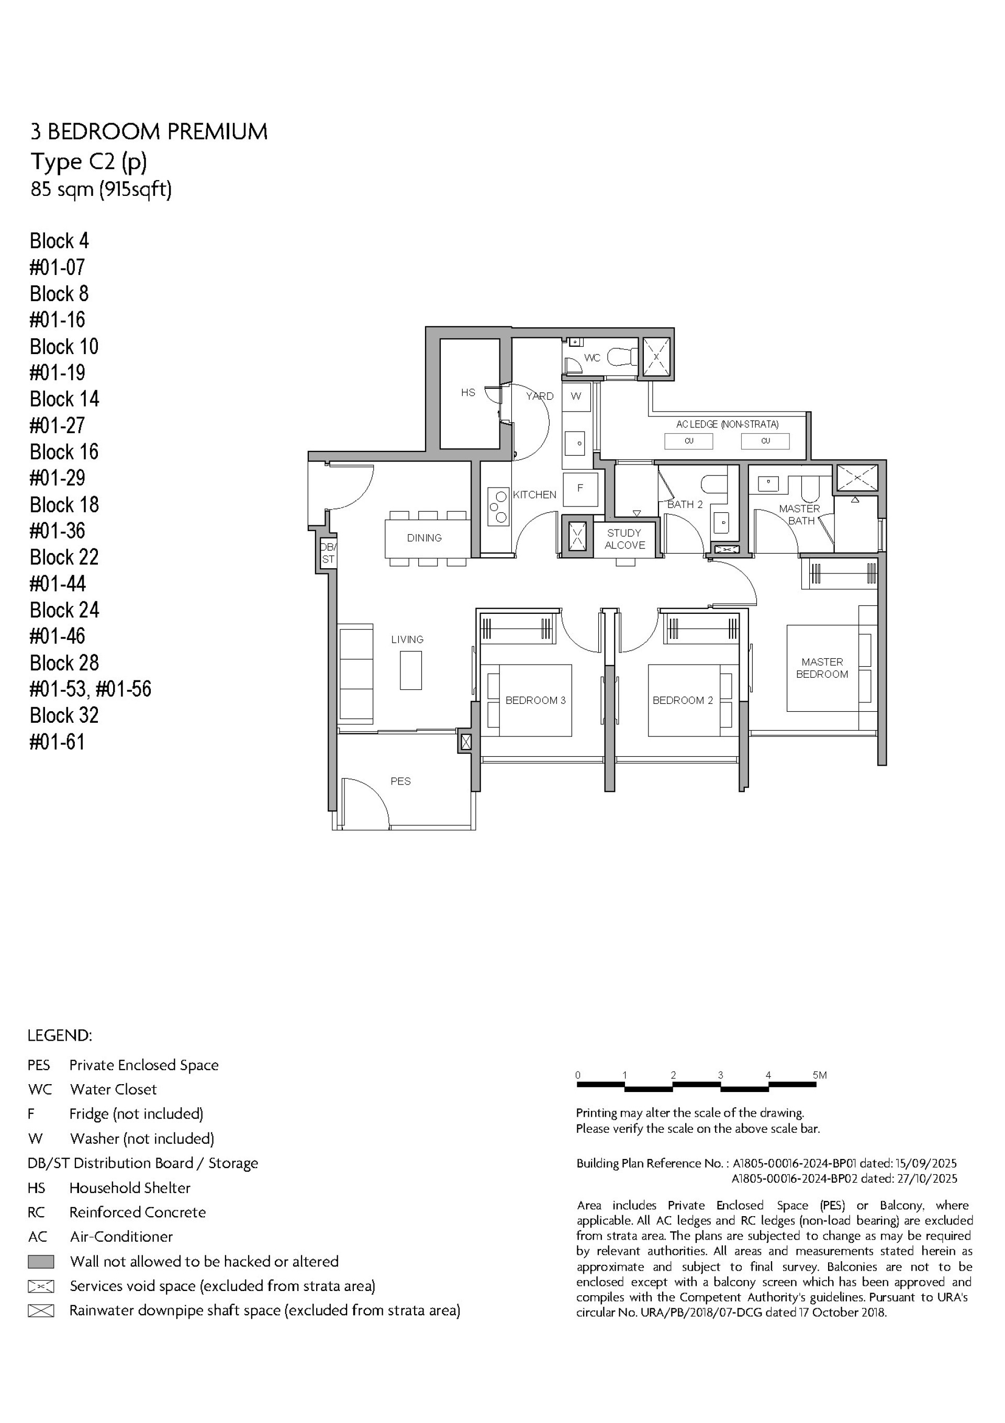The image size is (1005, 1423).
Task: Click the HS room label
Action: click(468, 392)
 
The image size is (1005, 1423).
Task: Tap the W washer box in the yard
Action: click(576, 396)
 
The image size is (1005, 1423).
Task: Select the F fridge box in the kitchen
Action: click(580, 488)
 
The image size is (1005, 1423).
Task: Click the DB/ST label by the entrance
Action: click(328, 553)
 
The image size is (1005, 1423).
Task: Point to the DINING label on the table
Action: click(425, 538)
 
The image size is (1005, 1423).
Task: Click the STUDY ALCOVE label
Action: click(624, 539)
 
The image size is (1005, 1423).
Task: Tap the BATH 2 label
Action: click(685, 504)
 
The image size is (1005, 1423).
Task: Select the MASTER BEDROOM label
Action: click(822, 668)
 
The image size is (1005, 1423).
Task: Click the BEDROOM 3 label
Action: click(535, 700)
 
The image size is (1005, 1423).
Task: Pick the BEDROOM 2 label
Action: click(682, 700)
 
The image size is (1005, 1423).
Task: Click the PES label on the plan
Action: click(400, 781)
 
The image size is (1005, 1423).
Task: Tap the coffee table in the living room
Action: click(411, 670)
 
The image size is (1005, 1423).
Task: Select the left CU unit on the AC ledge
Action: click(688, 442)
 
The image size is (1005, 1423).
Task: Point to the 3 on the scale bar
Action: click(720, 1075)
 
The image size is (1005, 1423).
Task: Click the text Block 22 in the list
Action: click(64, 557)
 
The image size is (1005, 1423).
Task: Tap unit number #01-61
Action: click(57, 742)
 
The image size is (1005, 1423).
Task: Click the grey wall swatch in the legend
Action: click(41, 1262)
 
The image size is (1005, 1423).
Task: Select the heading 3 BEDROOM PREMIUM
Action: click(149, 132)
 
